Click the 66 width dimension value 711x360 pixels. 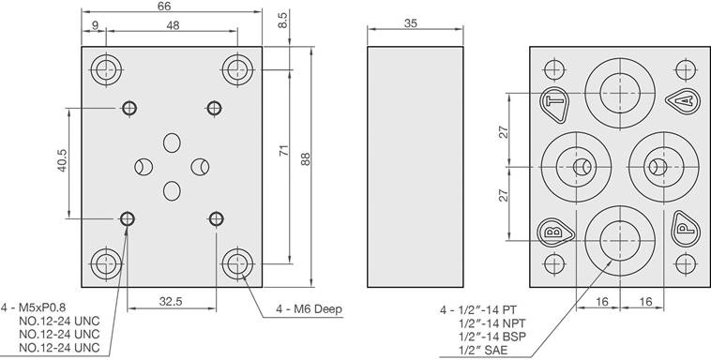click(x=164, y=6)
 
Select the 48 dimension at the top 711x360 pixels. click(x=173, y=25)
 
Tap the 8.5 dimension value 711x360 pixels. click(x=283, y=21)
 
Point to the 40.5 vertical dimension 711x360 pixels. click(x=62, y=160)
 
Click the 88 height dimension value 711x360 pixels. click(x=306, y=158)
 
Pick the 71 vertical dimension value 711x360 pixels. click(x=283, y=151)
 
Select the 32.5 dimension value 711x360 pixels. click(x=171, y=302)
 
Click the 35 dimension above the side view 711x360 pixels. click(x=410, y=23)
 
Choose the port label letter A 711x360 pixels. click(x=687, y=100)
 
